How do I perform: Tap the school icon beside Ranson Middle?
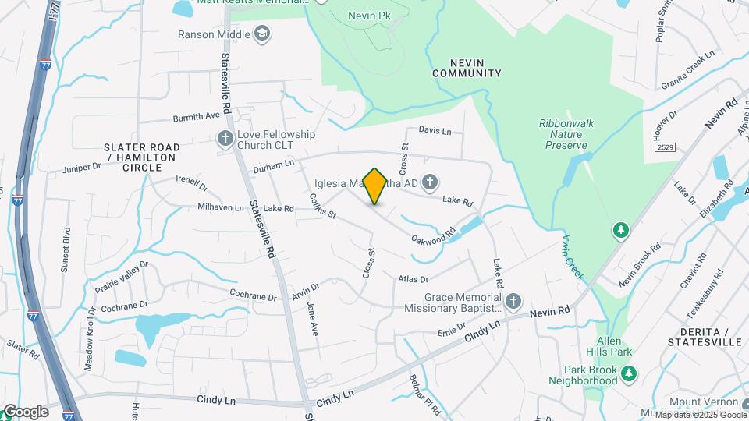pyautogui.click(x=263, y=34)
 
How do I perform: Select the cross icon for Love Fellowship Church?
pyautogui.click(x=225, y=139)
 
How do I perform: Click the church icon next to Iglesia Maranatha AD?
pyautogui.click(x=429, y=183)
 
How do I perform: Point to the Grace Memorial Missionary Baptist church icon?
pyautogui.click(x=513, y=302)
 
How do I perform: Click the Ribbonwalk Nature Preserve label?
pyautogui.click(x=573, y=134)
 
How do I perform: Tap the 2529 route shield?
pyautogui.click(x=665, y=147)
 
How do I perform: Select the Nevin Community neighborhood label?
pyautogui.click(x=467, y=67)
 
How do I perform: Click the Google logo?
pyautogui.click(x=25, y=412)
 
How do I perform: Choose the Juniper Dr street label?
pyautogui.click(x=82, y=166)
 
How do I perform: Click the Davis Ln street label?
pyautogui.click(x=435, y=130)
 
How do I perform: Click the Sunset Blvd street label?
pyautogui.click(x=66, y=250)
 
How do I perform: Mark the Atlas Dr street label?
pyautogui.click(x=414, y=279)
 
